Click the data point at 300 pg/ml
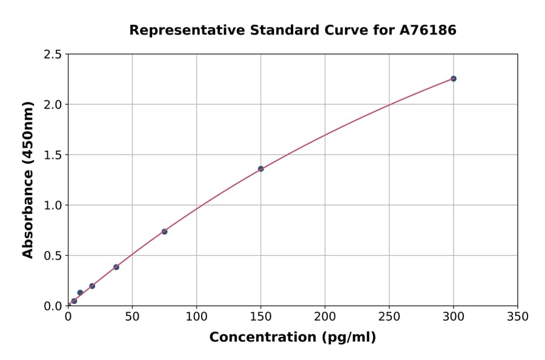tap(453, 79)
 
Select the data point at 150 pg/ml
tap(260, 168)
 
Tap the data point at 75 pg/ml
tap(164, 232)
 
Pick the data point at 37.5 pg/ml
tap(116, 267)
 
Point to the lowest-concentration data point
tap(74, 301)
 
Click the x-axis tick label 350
tap(517, 316)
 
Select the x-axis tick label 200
tap(325, 316)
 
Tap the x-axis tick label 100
tap(196, 316)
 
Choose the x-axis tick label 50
tap(132, 316)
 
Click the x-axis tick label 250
tap(389, 316)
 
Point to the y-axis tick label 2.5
tap(53, 55)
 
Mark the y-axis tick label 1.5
tap(53, 155)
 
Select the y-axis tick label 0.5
tap(53, 256)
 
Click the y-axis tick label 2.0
tap(53, 105)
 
